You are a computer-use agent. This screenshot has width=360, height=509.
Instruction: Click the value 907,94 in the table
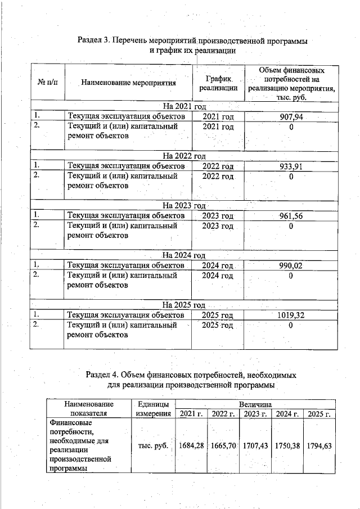pos(291,116)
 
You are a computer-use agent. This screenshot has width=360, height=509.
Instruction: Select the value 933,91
pos(291,166)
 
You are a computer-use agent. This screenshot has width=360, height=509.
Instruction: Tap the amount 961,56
pos(291,216)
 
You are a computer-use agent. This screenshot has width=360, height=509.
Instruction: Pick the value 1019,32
pos(291,316)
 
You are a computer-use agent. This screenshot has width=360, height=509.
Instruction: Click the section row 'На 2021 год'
pos(185,106)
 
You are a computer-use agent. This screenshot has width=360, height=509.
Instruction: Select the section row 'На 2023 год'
pos(185,205)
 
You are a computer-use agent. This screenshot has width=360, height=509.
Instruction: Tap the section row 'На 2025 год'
pos(185,305)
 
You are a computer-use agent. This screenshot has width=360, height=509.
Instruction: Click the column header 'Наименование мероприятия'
pos(128,83)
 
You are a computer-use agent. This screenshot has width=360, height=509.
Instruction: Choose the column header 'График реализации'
pos(218,83)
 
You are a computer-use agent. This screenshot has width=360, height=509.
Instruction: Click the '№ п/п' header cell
pos(47,83)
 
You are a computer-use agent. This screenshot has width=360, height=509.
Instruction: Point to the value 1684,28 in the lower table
pos(191,445)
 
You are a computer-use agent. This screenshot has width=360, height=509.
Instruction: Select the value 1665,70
pos(223,445)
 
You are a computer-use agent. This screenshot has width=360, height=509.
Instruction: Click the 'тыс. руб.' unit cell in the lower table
pos(153,445)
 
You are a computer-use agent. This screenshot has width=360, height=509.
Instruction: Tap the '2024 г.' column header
pos(287,415)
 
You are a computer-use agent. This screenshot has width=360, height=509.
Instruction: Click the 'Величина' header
pos(255,404)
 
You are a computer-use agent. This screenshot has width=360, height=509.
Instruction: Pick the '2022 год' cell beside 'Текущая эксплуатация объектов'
pos(218,166)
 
